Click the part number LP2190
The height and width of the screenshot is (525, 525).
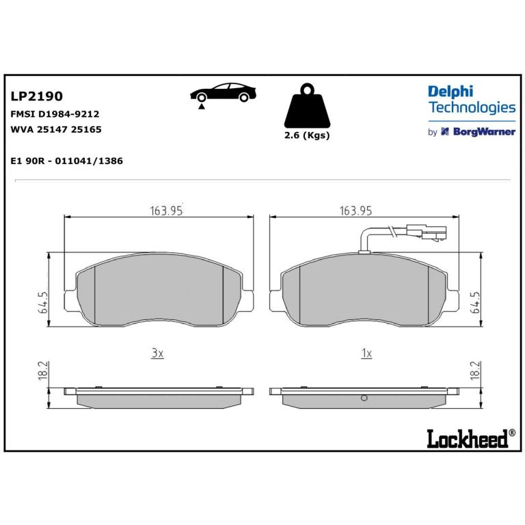coord(36,96)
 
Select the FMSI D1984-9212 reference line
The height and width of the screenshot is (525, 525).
coord(55,114)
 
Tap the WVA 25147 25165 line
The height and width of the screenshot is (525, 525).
coord(56,129)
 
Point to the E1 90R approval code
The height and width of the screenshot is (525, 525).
coord(66,161)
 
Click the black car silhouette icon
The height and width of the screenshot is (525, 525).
coord(223,92)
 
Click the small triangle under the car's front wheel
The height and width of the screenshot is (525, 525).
coord(201,107)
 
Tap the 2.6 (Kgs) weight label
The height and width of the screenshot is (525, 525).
coord(307,135)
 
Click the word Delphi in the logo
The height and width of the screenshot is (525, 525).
coord(450,92)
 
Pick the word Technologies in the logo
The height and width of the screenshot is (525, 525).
coord(472,107)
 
